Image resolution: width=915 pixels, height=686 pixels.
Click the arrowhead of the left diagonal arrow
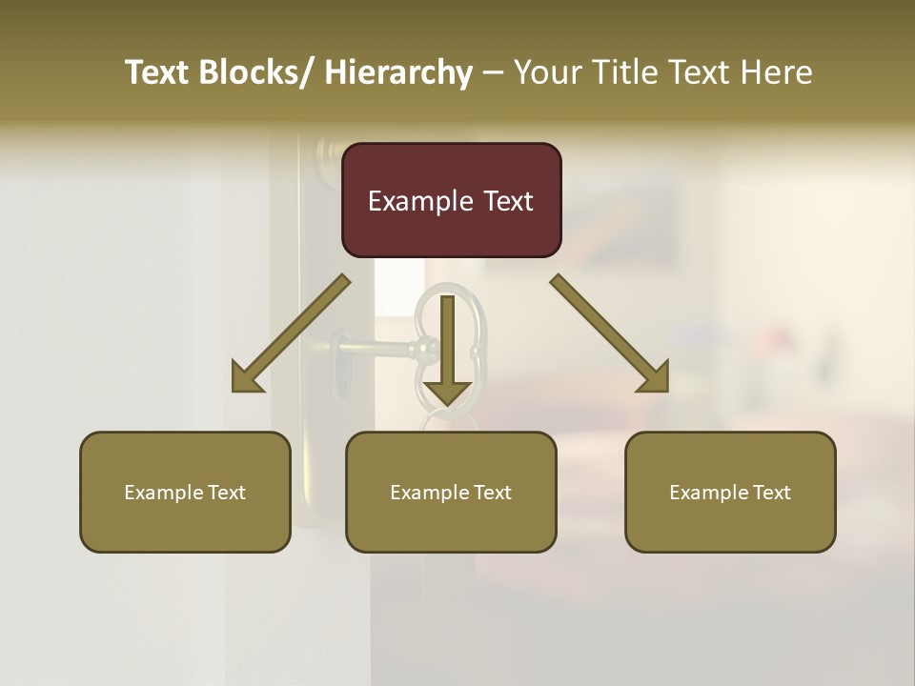(247, 378)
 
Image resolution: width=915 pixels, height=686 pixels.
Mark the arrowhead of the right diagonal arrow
(654, 377)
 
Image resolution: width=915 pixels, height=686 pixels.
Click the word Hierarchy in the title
(398, 72)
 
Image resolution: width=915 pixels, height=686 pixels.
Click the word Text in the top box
(507, 201)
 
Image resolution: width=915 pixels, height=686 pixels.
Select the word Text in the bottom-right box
(772, 493)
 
